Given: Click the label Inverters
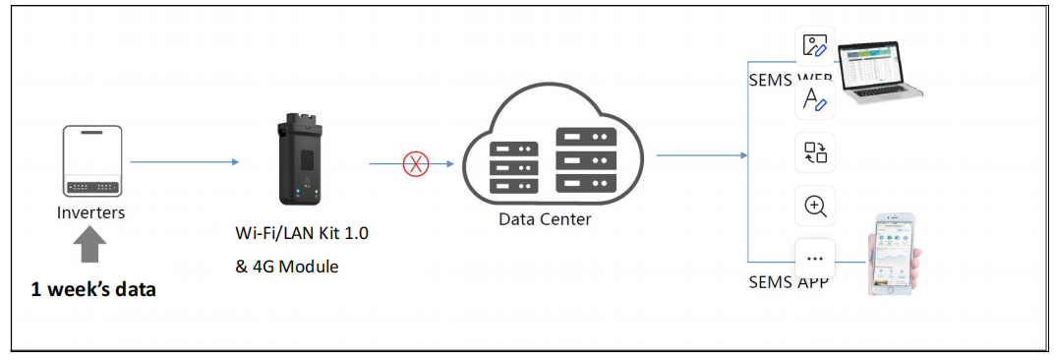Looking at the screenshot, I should pyautogui.click(x=91, y=211).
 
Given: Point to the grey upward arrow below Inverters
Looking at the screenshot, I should pyautogui.click(x=91, y=245).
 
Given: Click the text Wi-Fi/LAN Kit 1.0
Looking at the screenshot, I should pyautogui.click(x=302, y=233).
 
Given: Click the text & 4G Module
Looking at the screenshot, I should pyautogui.click(x=287, y=266).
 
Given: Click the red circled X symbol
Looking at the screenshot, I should pyautogui.click(x=416, y=164).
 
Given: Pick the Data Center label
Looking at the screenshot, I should pyautogui.click(x=545, y=218).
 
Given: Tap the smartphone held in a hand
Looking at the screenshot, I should pyautogui.click(x=892, y=253).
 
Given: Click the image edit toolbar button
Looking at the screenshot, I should pyautogui.click(x=814, y=46).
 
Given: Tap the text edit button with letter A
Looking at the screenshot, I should pyautogui.click(x=814, y=99).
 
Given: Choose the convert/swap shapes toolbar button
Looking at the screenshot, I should pyautogui.click(x=814, y=152).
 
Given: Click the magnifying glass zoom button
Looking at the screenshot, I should pyautogui.click(x=814, y=206).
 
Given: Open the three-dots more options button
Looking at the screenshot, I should pyautogui.click(x=814, y=259).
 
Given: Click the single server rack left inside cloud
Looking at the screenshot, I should pyautogui.click(x=513, y=161).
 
